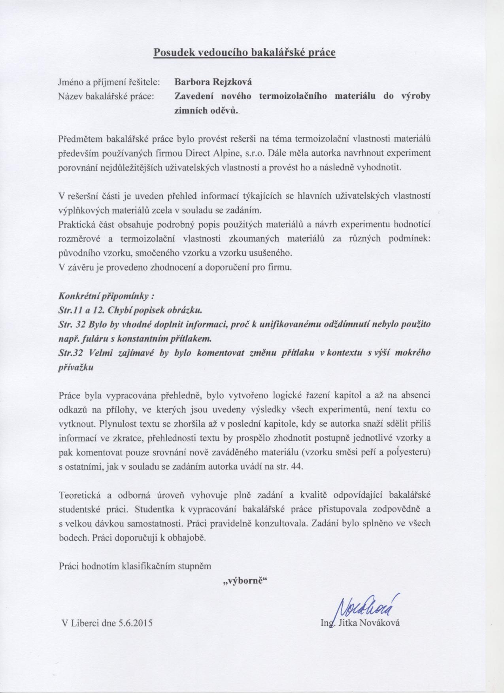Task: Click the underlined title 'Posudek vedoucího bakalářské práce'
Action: coord(244,53)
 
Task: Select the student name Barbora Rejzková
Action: coord(213,82)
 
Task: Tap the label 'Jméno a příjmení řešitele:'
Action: coord(109,82)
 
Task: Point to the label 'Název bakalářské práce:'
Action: coord(106,96)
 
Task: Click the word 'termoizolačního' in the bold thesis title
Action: coord(293,96)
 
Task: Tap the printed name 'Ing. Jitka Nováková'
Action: coord(360,623)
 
